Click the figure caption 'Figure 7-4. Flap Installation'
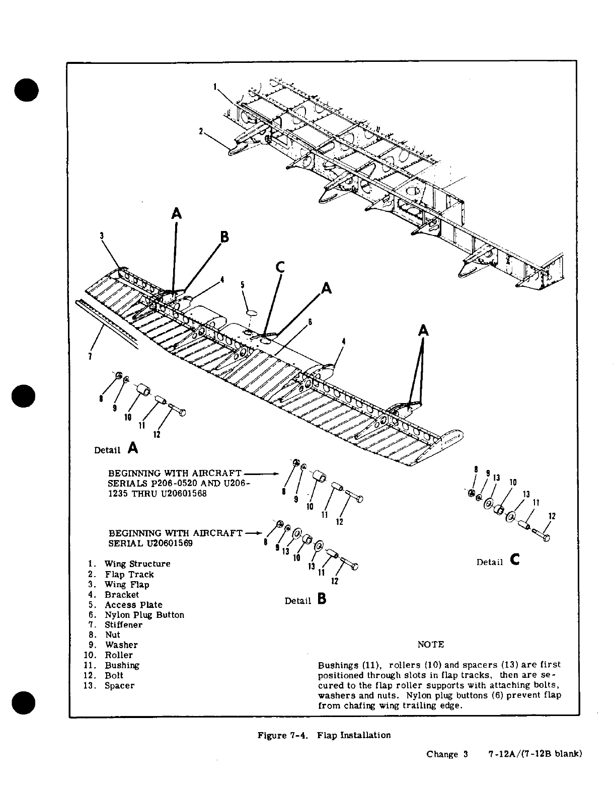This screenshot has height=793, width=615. click(x=324, y=735)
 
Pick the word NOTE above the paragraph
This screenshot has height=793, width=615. click(x=431, y=645)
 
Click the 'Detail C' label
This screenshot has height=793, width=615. click(x=498, y=561)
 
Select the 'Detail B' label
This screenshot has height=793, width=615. click(x=305, y=600)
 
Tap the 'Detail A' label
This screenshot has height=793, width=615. click(x=116, y=448)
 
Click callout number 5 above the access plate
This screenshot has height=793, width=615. click(x=242, y=285)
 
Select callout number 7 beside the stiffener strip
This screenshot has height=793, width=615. click(x=90, y=357)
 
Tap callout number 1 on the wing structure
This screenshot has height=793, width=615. click(x=214, y=87)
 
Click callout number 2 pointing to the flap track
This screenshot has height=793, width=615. click(x=201, y=132)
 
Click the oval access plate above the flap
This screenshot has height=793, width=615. click(x=252, y=313)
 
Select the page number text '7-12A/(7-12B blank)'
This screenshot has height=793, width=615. click(x=534, y=754)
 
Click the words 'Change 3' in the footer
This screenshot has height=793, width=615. click(x=447, y=754)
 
